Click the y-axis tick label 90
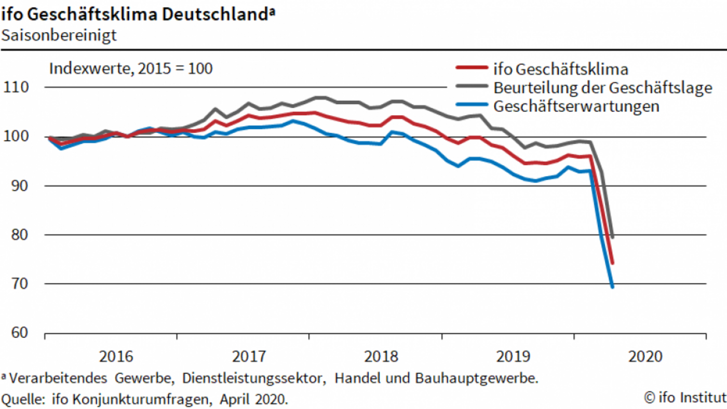pos(22,186)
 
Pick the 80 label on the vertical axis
pos(22,235)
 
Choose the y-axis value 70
pos(22,284)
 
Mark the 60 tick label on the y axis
pos(22,333)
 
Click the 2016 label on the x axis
pos(116,357)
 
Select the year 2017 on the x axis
pos(248,357)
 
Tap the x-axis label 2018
pos(381,357)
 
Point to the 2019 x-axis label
pos(513,357)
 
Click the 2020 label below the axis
pos(645,357)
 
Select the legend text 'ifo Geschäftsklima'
pos(561,69)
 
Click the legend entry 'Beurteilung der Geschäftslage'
pos(602,88)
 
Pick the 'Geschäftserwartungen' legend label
pos(576,106)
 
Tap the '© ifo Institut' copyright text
pos(684,398)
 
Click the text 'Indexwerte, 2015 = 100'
pos(130,69)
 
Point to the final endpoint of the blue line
pos(613,287)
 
